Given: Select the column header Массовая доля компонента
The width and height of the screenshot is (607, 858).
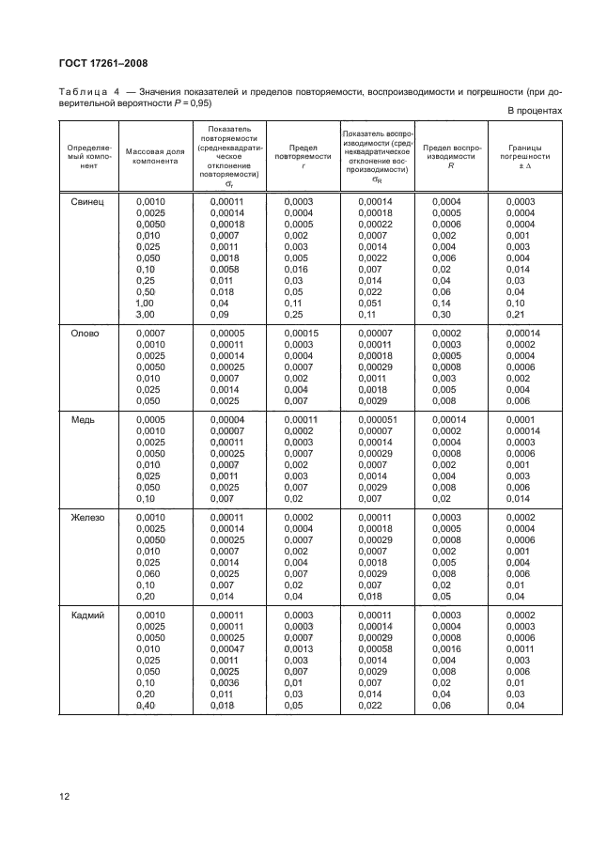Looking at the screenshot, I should pos(155,155).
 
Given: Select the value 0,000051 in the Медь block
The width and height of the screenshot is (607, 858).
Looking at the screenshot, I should pos(376,419).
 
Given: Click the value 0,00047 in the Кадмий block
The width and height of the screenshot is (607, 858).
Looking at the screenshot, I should pos(226,647).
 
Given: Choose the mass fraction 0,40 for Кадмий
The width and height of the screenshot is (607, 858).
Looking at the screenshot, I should pos(147,704).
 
